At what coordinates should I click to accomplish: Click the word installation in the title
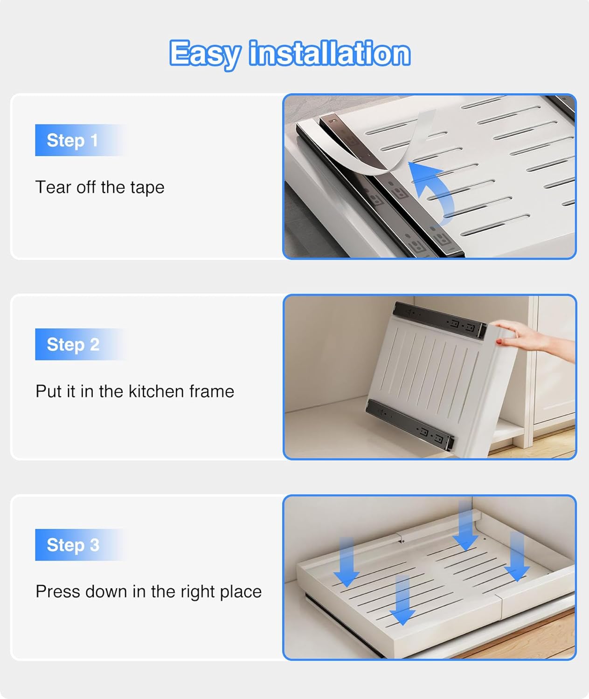pos(330,53)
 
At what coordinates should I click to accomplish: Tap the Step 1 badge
pos(80,140)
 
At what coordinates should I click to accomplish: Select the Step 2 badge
pos(80,344)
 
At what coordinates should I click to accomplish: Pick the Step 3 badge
pos(80,545)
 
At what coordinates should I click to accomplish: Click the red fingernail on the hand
pos(499,342)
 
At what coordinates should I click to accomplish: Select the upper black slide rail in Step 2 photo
pos(439,319)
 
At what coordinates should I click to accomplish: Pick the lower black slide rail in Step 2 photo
pos(411,424)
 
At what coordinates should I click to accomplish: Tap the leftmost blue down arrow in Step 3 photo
pos(346,562)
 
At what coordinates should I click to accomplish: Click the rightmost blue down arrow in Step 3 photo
pos(517,556)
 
